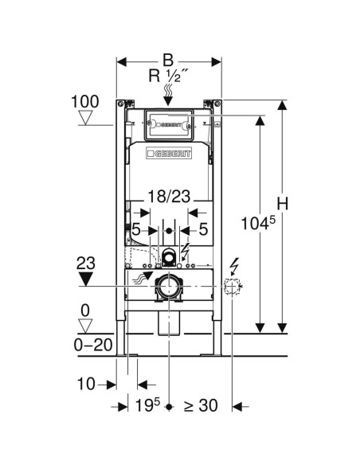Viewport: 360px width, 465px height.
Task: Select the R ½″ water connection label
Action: coord(168,76)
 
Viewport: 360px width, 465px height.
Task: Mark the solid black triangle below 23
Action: coord(87,279)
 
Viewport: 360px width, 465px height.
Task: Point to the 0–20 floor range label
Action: coord(90,344)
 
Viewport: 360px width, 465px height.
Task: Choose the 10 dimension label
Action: coord(87,384)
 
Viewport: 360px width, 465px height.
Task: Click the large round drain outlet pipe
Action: coord(169,286)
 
